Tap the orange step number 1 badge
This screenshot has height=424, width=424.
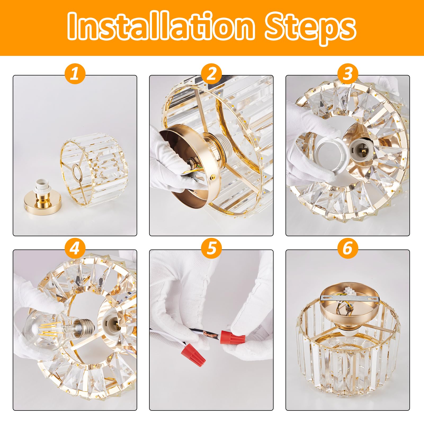(x=75, y=74)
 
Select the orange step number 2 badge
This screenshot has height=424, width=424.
(x=211, y=74)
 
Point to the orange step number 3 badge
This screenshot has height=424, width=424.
(x=348, y=74)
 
